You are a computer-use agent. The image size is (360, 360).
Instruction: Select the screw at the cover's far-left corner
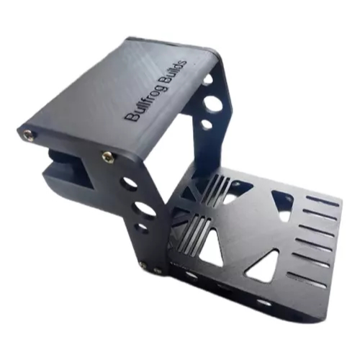coord(28,133)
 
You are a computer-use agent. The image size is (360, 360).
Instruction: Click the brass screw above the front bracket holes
coord(107,156)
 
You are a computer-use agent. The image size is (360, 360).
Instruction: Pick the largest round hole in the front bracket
coord(145,209)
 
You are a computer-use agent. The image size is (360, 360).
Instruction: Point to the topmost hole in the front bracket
coord(128,183)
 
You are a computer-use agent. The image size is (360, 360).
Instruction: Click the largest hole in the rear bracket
coord(213,103)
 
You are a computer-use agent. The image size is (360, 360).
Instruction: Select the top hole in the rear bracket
coord(207,80)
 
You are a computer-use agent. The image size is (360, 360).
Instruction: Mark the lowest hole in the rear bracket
coord(206,125)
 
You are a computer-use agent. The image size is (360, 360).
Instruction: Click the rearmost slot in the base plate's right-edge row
coord(321,201)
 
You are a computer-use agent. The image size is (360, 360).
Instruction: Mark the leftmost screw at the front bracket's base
coord(142,266)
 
